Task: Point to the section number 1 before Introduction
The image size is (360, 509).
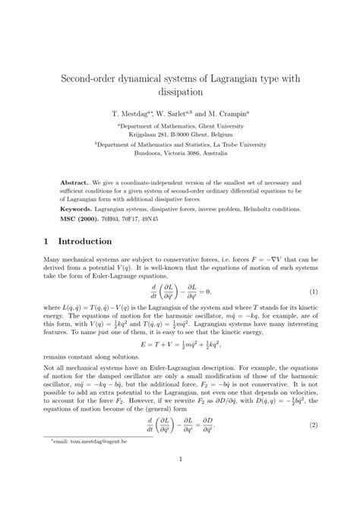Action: coord(46,241)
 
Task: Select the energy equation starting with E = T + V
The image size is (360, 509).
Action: coord(179,345)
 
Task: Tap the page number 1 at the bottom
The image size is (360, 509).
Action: coord(179,479)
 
